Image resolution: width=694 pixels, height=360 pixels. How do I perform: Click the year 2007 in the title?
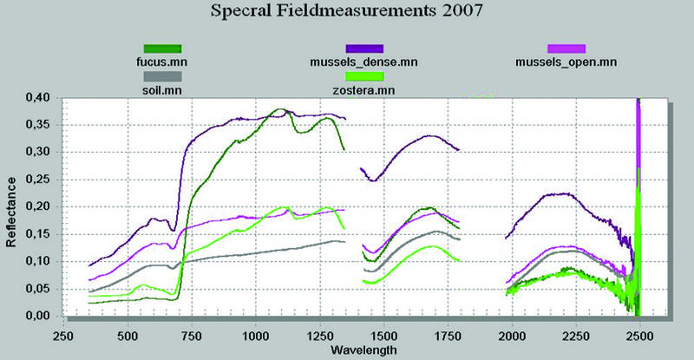(455, 13)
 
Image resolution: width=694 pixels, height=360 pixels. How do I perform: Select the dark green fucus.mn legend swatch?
(163, 49)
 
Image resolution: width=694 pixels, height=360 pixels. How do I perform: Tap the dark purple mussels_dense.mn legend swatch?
(364, 49)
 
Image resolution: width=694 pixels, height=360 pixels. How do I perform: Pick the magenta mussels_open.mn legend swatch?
(566, 49)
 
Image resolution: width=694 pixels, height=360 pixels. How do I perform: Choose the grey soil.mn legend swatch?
(163, 76)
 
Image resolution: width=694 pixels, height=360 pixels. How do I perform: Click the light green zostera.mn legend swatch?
(364, 76)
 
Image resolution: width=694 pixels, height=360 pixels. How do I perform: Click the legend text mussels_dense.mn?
(364, 62)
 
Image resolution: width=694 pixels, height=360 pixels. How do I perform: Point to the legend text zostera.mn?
(364, 89)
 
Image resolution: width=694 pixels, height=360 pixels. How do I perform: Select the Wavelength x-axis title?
(363, 350)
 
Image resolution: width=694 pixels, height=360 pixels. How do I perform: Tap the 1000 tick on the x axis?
(256, 333)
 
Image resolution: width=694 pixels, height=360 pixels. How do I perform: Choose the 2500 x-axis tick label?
(639, 333)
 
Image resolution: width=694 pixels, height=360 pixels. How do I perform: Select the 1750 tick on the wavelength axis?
(448, 333)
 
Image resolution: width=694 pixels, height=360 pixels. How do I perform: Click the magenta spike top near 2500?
(638, 101)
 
